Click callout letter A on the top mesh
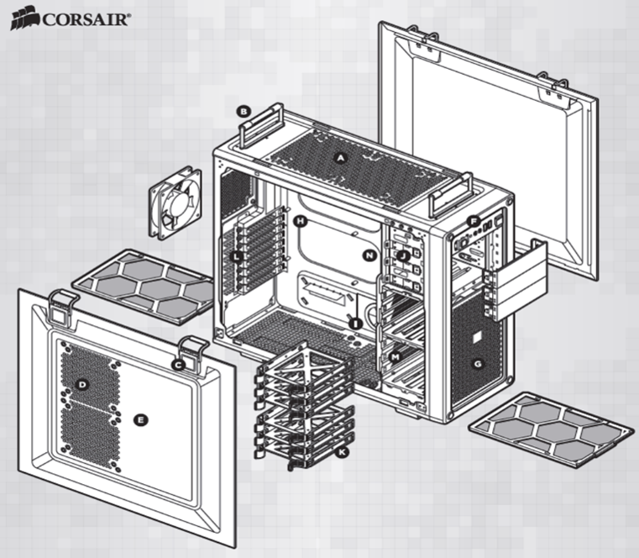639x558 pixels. (x=341, y=157)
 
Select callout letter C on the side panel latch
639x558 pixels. (x=177, y=364)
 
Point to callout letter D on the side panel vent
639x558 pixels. (x=82, y=385)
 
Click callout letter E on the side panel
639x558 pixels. (x=140, y=419)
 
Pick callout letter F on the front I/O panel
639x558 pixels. (x=474, y=222)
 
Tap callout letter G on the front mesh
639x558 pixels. (x=478, y=364)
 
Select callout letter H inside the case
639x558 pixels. (x=300, y=221)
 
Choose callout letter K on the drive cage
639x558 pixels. (x=341, y=453)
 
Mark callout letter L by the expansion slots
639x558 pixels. (x=238, y=255)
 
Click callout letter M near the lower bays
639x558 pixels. (x=394, y=358)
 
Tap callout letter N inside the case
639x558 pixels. (x=368, y=254)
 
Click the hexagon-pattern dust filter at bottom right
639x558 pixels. (x=549, y=428)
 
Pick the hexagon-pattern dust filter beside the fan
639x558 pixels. (x=144, y=286)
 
